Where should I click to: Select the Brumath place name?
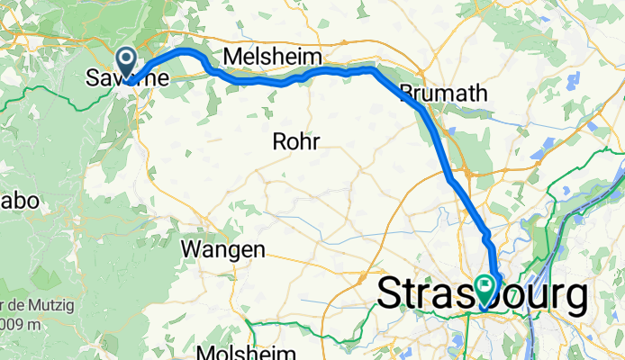(x=442, y=93)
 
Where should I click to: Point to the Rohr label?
(x=296, y=140)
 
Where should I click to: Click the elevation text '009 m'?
(x=18, y=323)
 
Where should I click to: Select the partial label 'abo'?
(x=19, y=202)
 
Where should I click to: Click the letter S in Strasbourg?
(x=389, y=293)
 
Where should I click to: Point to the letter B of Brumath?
(x=406, y=93)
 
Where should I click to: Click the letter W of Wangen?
(x=192, y=248)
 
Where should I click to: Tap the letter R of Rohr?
(x=279, y=140)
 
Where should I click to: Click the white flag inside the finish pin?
(x=486, y=287)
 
